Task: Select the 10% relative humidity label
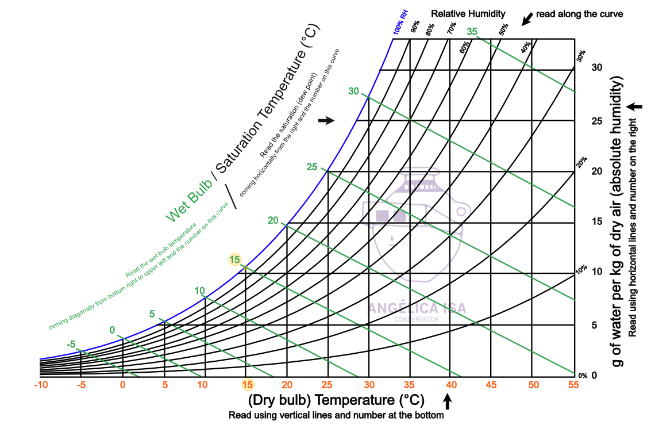pyautogui.click(x=581, y=269)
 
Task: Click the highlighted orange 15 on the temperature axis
pyautogui.click(x=247, y=385)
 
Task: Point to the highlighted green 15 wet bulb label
pyautogui.click(x=235, y=260)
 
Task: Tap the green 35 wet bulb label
pyautogui.click(x=472, y=32)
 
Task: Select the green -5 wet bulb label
pyautogui.click(x=71, y=345)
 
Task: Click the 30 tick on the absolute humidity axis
pyautogui.click(x=597, y=67)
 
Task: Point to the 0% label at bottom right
pyautogui.click(x=582, y=376)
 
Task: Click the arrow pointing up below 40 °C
pyautogui.click(x=448, y=400)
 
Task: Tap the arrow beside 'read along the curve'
pyautogui.click(x=526, y=18)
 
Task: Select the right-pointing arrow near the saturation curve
pyautogui.click(x=326, y=120)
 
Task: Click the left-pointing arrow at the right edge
pyautogui.click(x=635, y=106)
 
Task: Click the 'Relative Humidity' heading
pyautogui.click(x=468, y=13)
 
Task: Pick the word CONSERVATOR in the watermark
pyautogui.click(x=417, y=319)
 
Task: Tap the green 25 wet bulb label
pyautogui.click(x=312, y=167)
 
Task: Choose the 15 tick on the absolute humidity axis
pyautogui.click(x=597, y=221)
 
